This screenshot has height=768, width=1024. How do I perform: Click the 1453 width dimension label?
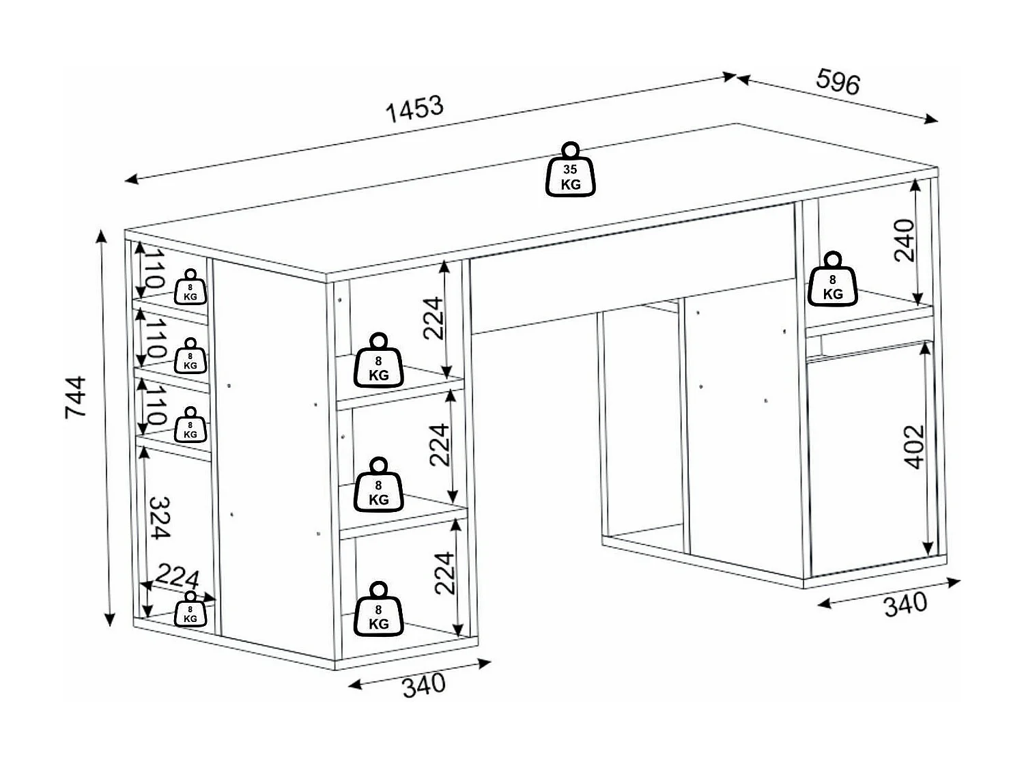click(415, 109)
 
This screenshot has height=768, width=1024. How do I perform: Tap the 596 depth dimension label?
click(838, 82)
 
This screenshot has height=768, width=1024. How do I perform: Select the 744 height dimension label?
click(76, 397)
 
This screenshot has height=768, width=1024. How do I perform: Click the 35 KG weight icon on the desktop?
click(571, 171)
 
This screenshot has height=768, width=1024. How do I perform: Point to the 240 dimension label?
click(904, 240)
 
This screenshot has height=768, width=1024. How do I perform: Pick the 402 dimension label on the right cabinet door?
click(914, 446)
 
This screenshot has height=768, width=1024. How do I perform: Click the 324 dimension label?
click(160, 517)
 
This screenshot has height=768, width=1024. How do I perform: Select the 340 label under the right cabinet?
click(905, 604)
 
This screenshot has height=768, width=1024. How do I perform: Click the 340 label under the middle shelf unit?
click(423, 685)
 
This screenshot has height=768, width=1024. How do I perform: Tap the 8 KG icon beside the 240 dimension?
click(832, 281)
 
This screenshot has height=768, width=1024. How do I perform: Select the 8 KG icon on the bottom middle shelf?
click(378, 611)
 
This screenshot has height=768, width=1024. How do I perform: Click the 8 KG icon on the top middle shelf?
click(378, 362)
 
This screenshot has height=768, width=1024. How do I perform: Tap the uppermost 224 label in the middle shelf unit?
click(434, 317)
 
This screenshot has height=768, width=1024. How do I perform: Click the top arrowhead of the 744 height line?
click(102, 235)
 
